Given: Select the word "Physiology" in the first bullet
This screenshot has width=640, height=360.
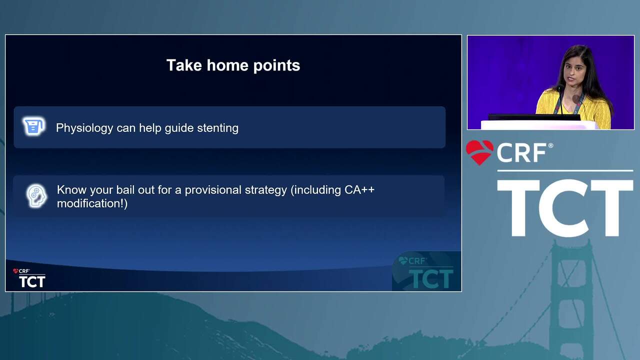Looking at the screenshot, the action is (84, 128).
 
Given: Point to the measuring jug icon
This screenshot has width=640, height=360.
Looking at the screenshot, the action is (33, 125).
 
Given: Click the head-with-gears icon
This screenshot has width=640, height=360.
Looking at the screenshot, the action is (36, 195).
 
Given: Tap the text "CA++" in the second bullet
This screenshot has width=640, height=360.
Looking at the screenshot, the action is (359, 189).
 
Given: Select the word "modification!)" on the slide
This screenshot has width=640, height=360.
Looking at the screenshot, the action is (92, 203).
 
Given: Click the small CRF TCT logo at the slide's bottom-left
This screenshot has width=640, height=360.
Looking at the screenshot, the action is (29, 278).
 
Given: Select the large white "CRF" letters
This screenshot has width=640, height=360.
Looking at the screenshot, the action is (521, 152).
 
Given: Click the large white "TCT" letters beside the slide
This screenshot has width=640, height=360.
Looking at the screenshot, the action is (565, 207).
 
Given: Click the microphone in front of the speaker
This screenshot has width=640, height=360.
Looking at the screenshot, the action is (561, 100).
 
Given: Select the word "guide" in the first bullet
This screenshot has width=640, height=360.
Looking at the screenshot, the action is (179, 128).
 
